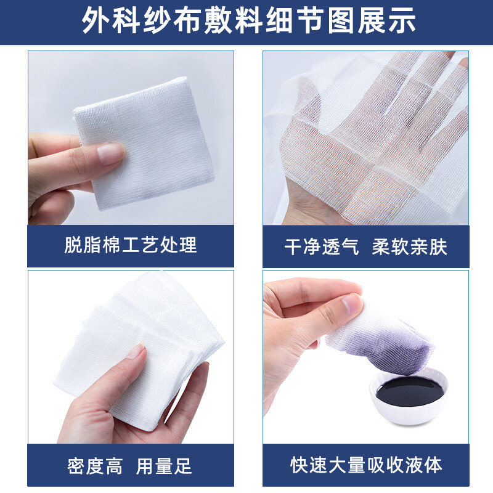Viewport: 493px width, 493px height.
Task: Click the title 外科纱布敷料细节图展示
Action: point(249,21)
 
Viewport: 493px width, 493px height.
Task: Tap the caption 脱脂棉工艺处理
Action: point(131,245)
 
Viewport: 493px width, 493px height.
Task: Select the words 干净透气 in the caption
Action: point(321,247)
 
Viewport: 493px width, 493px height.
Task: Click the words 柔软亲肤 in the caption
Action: point(409,247)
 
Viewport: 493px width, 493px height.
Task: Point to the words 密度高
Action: point(95,466)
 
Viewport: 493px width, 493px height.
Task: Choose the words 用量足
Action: point(164,466)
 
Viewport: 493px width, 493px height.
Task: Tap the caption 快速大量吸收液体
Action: point(366,465)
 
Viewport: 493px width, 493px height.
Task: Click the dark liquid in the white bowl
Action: point(410,391)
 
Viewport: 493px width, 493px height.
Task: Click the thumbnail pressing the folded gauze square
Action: point(111,153)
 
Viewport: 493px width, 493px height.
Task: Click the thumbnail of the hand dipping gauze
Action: point(351,304)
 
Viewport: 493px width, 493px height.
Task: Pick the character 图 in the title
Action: point(341,21)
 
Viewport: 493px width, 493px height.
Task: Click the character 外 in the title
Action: point(96,21)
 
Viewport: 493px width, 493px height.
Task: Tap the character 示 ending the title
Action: point(402,21)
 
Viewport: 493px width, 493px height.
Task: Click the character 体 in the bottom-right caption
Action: point(433,465)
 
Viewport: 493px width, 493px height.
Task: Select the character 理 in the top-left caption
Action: point(188,245)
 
